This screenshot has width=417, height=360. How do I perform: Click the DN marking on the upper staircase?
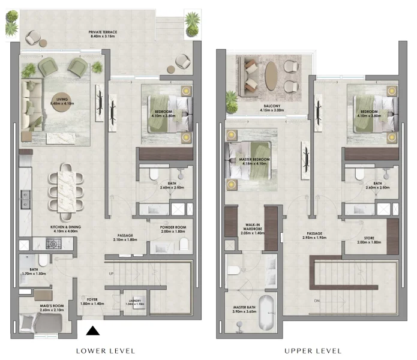pos(316,301)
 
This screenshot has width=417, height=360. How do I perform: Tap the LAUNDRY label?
pos(134,302)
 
